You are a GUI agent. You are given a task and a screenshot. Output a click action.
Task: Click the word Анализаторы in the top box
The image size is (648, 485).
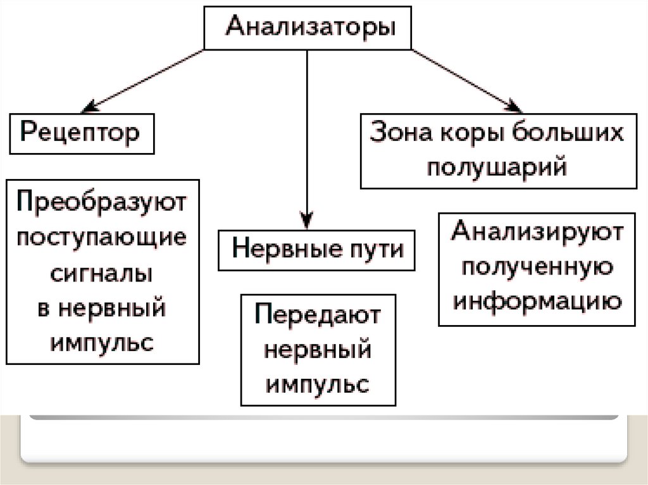(308, 28)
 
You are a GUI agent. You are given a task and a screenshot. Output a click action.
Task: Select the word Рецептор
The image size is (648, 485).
(81, 133)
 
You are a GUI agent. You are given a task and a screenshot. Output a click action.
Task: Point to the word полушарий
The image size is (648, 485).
(497, 168)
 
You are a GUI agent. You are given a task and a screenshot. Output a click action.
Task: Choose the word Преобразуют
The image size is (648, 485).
(102, 204)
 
